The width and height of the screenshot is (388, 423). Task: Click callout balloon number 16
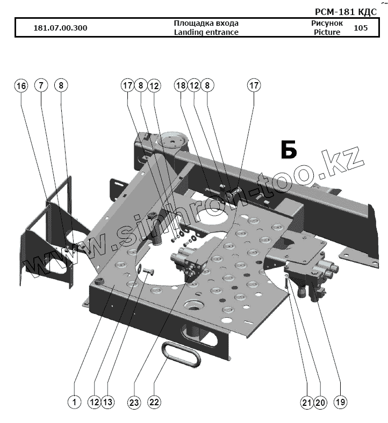(20, 85)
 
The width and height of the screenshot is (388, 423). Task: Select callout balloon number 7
(41, 85)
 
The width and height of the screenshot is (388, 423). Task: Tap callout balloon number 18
(180, 85)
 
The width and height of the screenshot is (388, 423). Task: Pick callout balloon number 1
(74, 401)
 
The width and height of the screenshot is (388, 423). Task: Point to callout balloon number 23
(134, 401)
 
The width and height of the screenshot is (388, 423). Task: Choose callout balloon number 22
(154, 401)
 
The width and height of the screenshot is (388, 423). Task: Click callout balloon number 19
(340, 401)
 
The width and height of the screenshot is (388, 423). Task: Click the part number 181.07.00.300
(60, 28)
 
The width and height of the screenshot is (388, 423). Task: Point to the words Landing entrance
(206, 32)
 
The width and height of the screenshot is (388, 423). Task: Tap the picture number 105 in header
(361, 27)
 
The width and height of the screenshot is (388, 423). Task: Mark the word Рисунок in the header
(327, 23)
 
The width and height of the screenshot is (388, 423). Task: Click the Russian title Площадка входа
(206, 23)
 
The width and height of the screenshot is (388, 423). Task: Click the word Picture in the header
(327, 32)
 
